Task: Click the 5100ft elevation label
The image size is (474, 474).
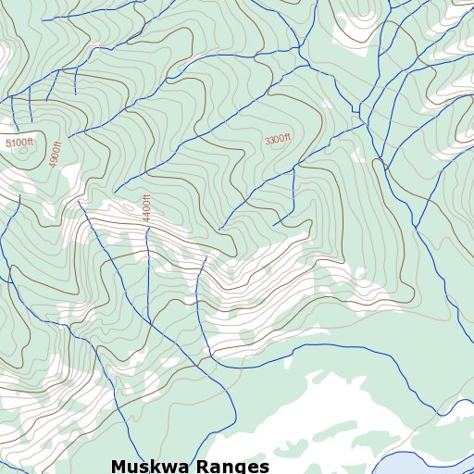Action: (19, 143)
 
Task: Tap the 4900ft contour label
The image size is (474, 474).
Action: (56, 153)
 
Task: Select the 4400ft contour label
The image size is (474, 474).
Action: (146, 206)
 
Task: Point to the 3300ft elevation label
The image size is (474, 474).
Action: (277, 140)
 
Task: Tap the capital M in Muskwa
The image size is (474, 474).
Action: (118, 466)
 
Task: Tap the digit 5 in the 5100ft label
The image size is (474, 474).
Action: (7, 144)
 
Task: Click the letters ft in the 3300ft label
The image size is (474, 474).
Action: (287, 137)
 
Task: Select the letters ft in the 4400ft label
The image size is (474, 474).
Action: (146, 194)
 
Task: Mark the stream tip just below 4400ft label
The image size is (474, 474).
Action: (147, 228)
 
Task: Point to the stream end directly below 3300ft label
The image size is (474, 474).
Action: (275, 224)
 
